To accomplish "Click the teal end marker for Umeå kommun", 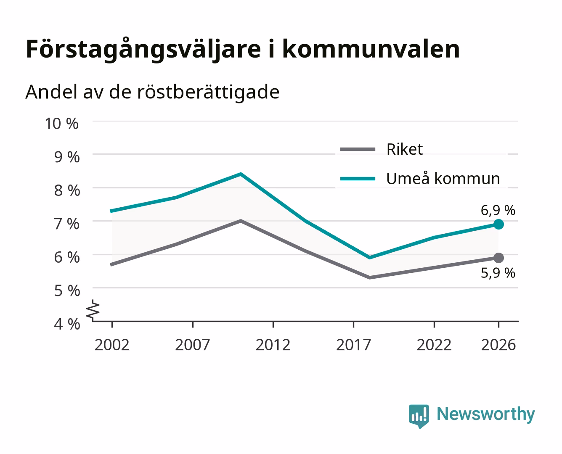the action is (498, 224).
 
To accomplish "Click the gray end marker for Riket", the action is (498, 258).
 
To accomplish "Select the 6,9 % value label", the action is (498, 210).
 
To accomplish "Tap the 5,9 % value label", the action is (498, 273).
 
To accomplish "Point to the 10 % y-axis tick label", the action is (62, 124).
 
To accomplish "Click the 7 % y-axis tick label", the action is (67, 224).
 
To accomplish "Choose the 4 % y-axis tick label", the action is (67, 324).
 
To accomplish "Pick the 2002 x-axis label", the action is (112, 345).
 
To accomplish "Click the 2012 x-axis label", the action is (273, 345).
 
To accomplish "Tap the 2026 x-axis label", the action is (498, 345).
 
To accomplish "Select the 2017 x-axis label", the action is (353, 345).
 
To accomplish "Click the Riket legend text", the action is (405, 149).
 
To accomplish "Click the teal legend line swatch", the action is (358, 179).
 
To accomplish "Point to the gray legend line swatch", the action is (358, 150).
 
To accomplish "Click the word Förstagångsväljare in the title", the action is (143, 50).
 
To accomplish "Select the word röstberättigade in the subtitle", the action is (208, 92).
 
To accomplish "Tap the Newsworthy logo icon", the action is (419, 416).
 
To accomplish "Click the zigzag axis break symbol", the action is (93, 310).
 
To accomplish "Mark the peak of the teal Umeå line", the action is (241, 174).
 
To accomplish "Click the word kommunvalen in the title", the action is (371, 49).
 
